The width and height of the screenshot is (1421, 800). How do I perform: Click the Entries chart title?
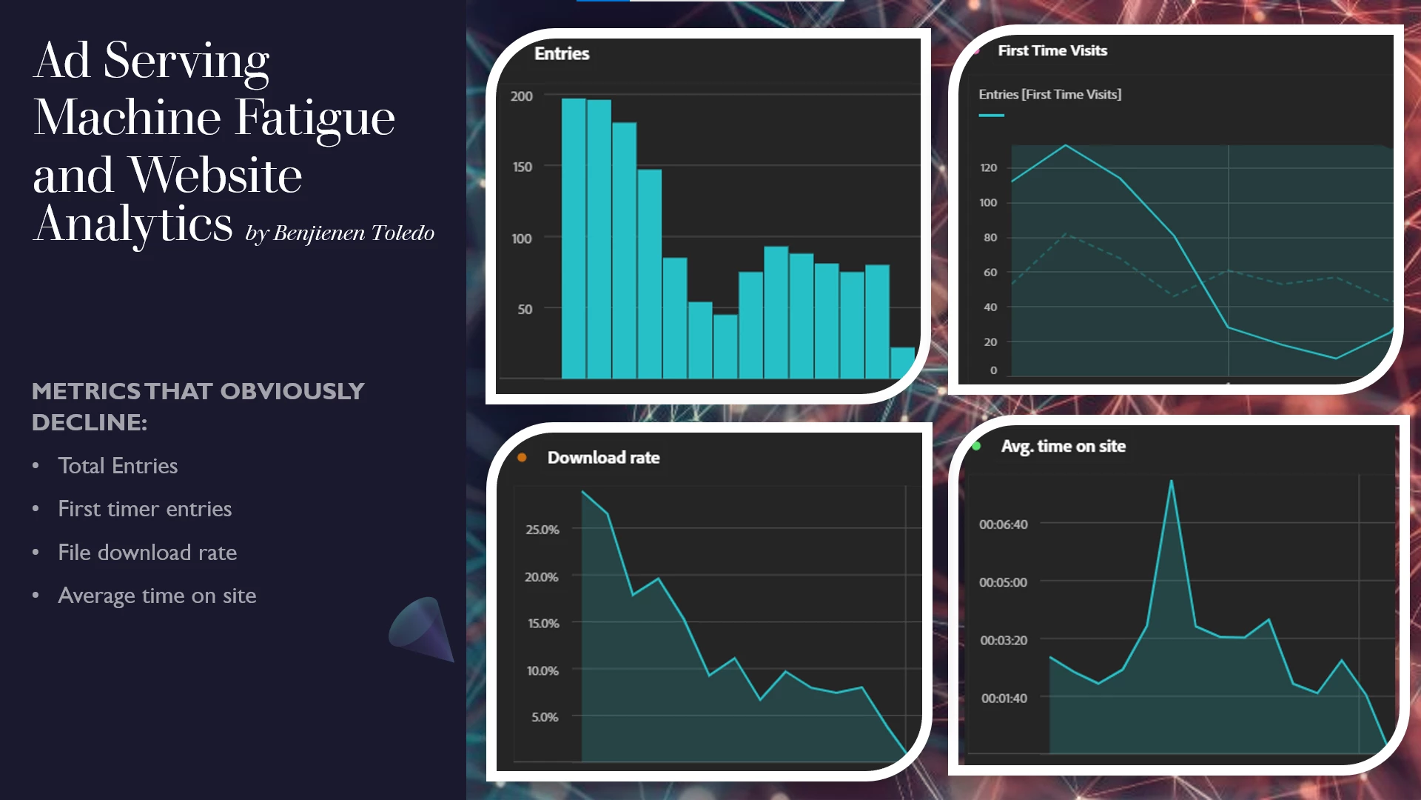[562, 54]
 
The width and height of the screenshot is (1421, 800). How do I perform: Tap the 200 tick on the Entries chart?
[521, 96]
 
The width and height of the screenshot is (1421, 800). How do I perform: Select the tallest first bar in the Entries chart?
[574, 237]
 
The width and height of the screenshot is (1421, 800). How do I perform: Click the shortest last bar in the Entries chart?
[902, 363]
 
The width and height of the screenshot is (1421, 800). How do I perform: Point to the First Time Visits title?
[1052, 50]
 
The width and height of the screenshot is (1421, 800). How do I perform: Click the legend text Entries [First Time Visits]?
[1049, 94]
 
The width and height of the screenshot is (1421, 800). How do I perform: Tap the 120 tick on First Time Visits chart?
[988, 167]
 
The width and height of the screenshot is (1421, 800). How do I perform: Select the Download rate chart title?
[603, 458]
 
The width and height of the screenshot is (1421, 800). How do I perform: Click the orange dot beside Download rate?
[522, 458]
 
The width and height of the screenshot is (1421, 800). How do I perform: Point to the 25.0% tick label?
[542, 530]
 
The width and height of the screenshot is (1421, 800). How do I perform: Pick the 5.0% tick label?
[544, 717]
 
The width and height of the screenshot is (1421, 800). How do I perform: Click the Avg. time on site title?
[1063, 446]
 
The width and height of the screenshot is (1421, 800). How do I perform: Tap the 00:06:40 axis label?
[1003, 524]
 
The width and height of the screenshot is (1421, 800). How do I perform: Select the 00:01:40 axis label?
[1004, 698]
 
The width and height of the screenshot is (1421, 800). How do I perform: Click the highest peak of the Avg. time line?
[1171, 481]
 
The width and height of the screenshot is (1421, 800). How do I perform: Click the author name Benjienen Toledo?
[354, 233]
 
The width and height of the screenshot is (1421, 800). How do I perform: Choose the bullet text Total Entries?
[118, 466]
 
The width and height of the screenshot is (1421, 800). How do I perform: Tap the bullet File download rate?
[147, 553]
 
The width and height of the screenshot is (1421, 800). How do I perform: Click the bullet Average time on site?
[157, 596]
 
